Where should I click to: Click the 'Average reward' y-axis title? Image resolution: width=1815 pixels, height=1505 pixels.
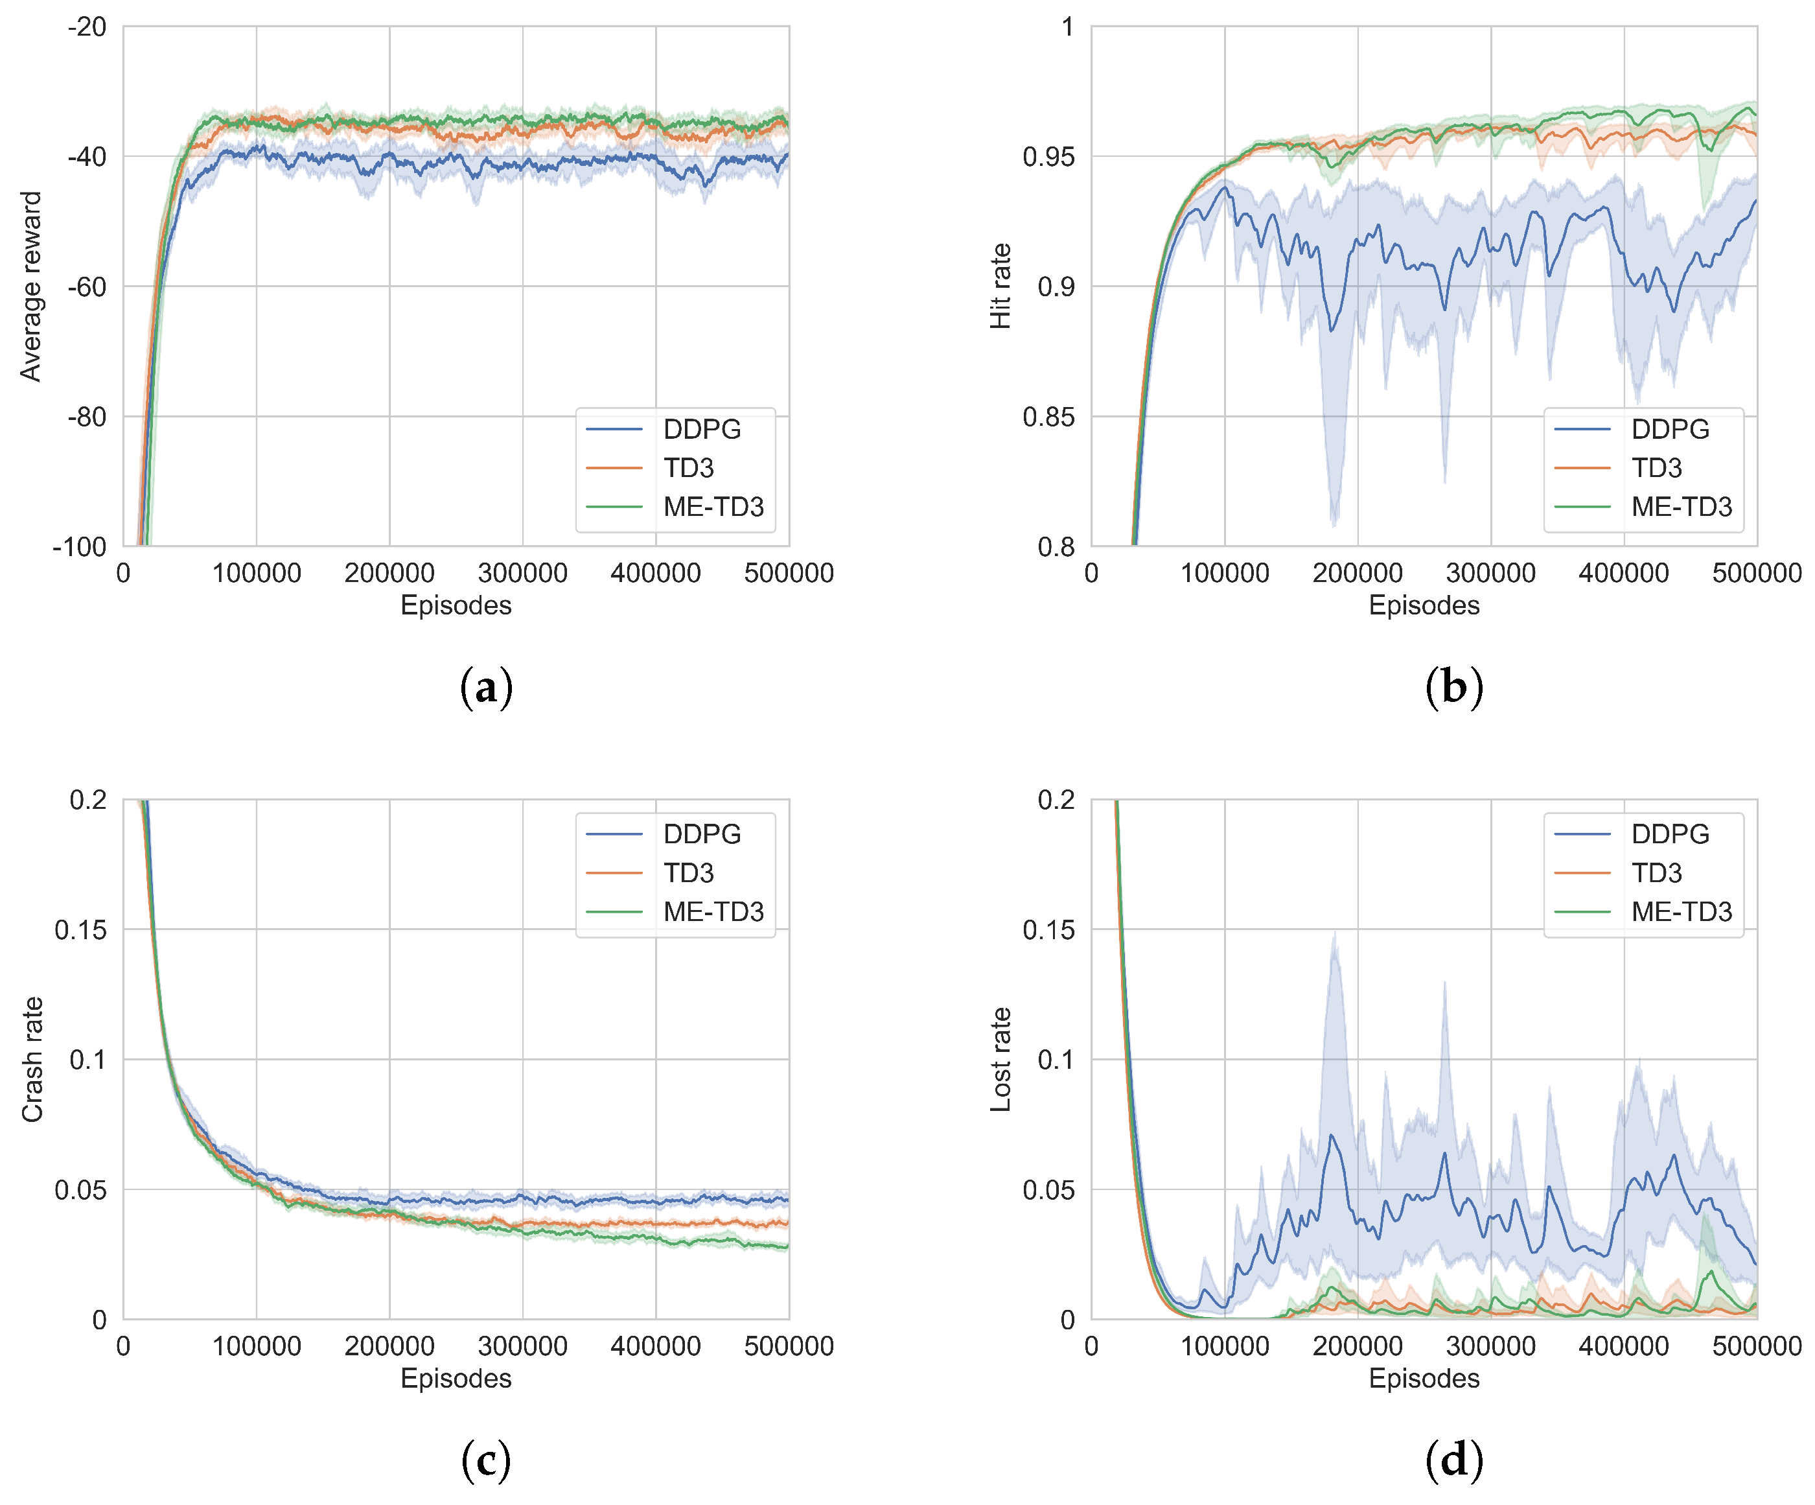pos(31,286)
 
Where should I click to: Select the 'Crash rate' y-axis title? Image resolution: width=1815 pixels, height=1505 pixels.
pos(31,1059)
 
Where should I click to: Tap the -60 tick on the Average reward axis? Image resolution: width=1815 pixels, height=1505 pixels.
pos(86,286)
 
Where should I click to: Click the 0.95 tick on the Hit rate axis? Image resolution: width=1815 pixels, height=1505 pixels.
pos(1048,156)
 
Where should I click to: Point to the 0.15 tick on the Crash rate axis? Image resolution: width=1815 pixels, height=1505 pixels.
pos(80,929)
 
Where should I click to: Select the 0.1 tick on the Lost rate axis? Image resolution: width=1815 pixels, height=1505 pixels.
pos(1056,1059)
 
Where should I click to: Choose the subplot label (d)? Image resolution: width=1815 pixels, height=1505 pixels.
pos(1453,1460)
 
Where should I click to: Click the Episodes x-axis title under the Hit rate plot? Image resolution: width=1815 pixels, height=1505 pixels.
pos(1424,605)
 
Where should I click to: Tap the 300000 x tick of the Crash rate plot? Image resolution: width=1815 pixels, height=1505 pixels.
pos(522,1346)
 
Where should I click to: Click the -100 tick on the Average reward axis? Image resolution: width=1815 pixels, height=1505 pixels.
pos(80,546)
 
